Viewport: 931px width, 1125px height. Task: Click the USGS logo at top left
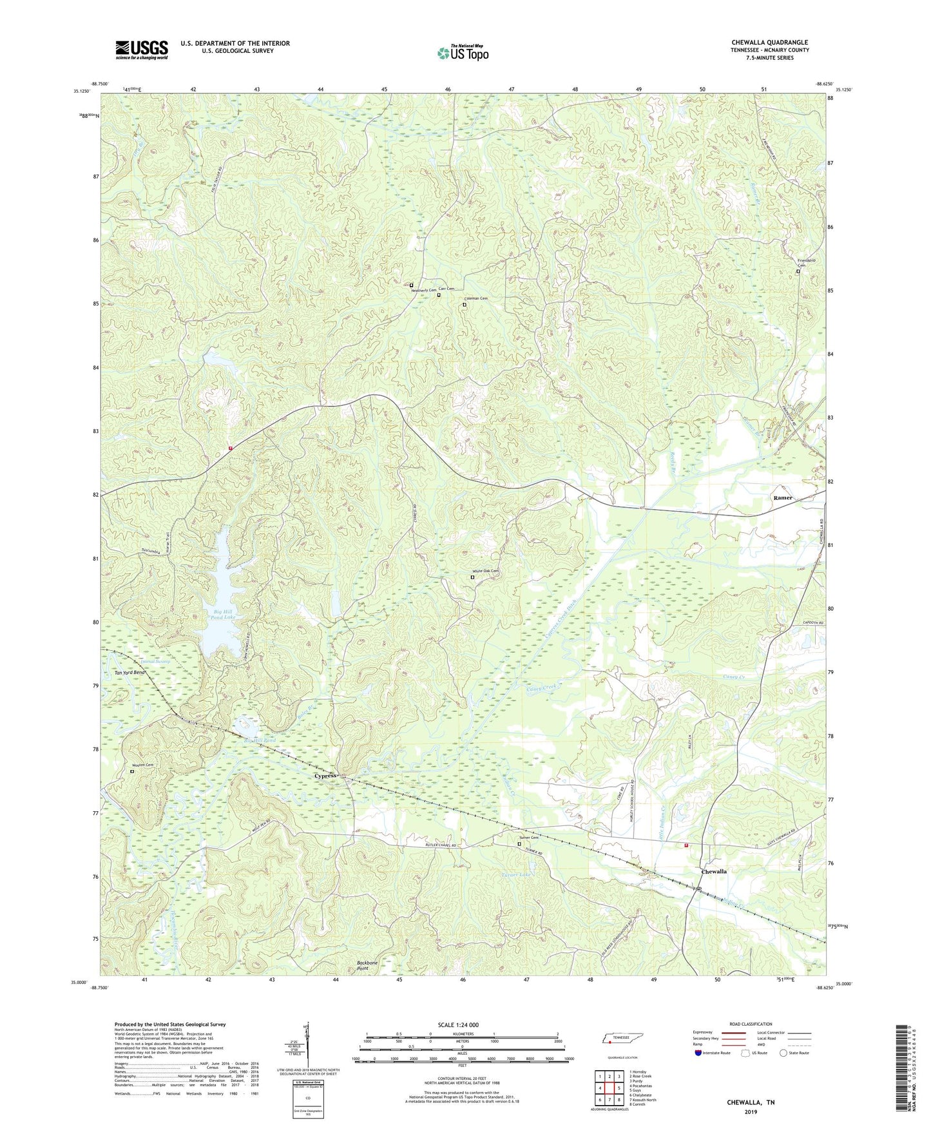141,50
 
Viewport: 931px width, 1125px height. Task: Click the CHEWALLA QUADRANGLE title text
769,43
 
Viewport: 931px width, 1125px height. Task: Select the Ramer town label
783,498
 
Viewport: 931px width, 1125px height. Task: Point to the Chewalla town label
713,871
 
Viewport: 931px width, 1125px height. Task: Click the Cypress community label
325,776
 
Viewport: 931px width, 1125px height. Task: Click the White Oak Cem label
486,571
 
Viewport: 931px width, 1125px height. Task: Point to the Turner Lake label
517,874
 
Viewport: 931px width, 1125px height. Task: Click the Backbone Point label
367,965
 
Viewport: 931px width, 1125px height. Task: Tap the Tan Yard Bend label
131,673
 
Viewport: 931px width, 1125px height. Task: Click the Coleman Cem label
476,298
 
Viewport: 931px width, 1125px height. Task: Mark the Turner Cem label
529,838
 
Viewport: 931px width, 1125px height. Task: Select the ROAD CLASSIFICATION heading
750,1024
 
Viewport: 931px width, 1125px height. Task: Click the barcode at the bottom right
902,1070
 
